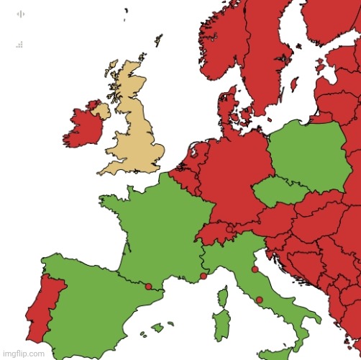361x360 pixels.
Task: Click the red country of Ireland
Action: (83, 130)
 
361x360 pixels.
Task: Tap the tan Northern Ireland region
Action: (100, 111)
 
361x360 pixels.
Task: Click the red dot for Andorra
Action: (148, 287)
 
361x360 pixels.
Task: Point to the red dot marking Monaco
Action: (204, 276)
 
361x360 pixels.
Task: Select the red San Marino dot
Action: (255, 270)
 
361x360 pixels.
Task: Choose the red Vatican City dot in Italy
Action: (259, 300)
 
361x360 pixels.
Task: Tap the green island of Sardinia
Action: (222, 328)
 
